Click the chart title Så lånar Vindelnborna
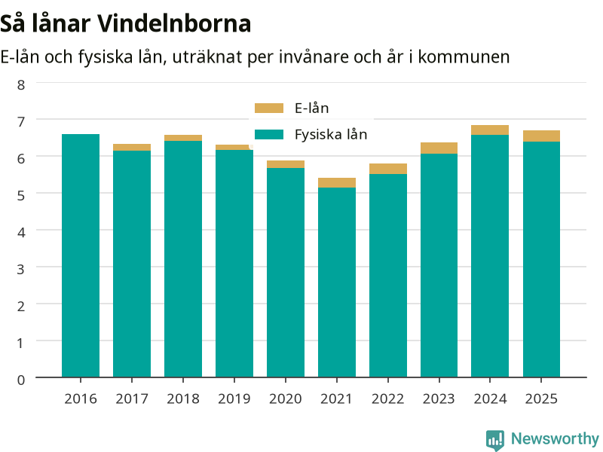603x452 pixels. tap(125, 24)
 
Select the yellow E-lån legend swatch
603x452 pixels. tap(269, 108)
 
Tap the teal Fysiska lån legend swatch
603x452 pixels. tap(269, 135)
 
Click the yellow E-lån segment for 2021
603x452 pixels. tap(337, 182)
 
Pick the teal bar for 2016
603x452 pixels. tap(81, 255)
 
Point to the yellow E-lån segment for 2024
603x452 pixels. tap(490, 130)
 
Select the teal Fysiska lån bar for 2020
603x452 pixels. tap(286, 273)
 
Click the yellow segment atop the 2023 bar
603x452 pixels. tap(439, 148)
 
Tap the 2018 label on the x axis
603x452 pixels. tap(183, 399)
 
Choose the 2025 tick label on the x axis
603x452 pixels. tap(541, 399)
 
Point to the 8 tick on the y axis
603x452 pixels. tap(21, 84)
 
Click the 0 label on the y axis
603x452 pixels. tap(21, 380)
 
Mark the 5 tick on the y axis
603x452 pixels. tap(21, 195)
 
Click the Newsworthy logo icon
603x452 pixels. tap(495, 440)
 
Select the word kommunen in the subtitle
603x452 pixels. tap(464, 57)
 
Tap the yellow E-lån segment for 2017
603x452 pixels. tap(132, 147)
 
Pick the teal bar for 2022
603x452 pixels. tap(388, 276)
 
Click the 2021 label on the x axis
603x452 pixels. tap(336, 399)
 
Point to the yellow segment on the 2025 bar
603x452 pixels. tap(541, 136)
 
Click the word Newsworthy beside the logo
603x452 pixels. tap(555, 438)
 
